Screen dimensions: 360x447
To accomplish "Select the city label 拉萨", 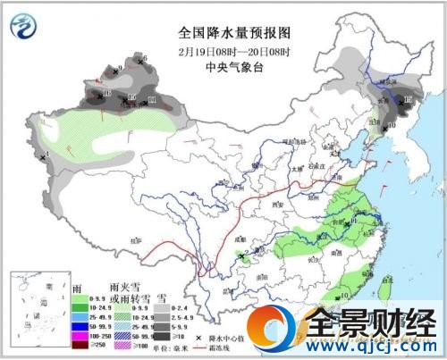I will pyautogui.click(x=135, y=239).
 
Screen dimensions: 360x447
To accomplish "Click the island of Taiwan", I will pyautogui.click(x=385, y=285).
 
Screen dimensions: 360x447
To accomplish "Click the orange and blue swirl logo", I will pyautogui.click(x=274, y=330).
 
